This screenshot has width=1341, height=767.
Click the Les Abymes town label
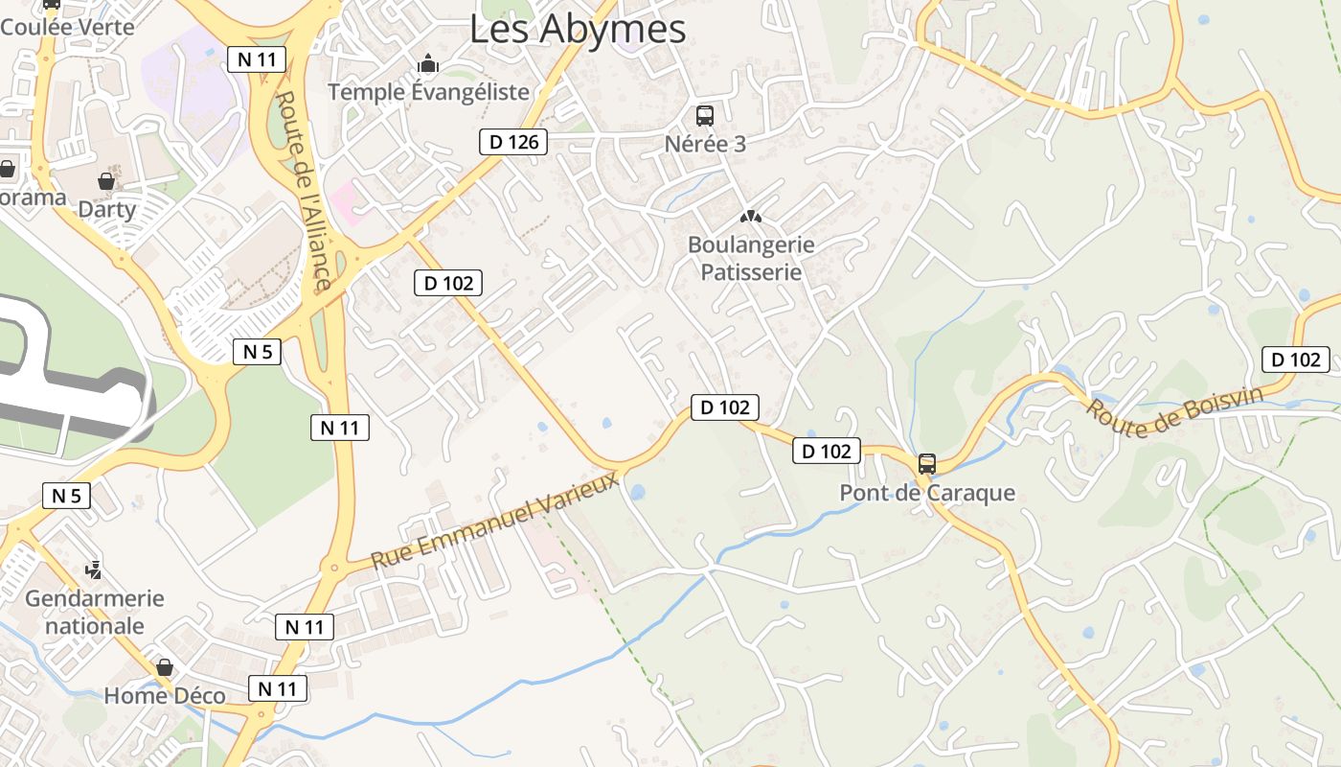tap(578, 29)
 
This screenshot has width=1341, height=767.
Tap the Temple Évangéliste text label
tap(428, 92)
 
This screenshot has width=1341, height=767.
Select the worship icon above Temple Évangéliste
tap(428, 64)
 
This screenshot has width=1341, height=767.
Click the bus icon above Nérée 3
tap(705, 116)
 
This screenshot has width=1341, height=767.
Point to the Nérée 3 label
tap(705, 144)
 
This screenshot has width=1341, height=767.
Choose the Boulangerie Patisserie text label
tap(751, 258)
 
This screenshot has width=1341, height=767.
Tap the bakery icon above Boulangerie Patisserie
tap(751, 217)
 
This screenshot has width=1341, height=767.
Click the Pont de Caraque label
tap(926, 493)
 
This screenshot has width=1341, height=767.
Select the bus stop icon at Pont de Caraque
tap(926, 464)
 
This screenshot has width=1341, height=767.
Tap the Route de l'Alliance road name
tap(303, 190)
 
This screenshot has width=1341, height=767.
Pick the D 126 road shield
tap(513, 143)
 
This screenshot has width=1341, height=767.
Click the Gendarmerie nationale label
tap(95, 612)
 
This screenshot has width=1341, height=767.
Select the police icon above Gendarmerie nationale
tap(93, 570)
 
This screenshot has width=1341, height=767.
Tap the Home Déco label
tap(165, 696)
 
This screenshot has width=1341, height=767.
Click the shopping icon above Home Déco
tap(165, 667)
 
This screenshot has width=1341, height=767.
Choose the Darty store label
tap(106, 209)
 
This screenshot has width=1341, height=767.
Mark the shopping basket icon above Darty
tap(106, 180)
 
